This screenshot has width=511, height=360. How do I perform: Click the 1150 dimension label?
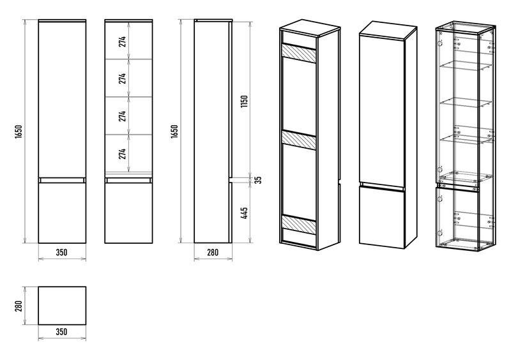point(245,101)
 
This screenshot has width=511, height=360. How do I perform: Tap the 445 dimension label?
point(245,213)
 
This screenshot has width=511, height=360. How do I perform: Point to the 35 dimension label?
point(258,180)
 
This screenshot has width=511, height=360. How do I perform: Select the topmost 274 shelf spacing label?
point(122,41)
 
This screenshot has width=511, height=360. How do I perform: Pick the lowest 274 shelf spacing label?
point(122,153)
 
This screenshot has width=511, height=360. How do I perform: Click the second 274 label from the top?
point(122,79)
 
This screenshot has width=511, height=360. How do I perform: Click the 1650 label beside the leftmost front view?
point(19,131)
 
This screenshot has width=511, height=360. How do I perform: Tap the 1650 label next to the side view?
point(174,131)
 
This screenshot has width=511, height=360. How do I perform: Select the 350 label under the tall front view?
point(61,252)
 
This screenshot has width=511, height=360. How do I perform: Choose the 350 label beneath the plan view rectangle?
point(61,332)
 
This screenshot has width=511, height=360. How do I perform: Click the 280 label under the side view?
point(213,252)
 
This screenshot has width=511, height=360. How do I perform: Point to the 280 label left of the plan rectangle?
point(19,306)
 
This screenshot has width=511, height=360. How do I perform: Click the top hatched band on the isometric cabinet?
point(299,53)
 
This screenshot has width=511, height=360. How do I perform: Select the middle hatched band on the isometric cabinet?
point(299,140)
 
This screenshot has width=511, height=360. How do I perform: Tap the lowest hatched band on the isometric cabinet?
point(299,224)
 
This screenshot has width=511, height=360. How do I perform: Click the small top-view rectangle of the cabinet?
point(62,306)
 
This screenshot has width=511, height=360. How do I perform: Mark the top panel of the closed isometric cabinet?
point(388,29)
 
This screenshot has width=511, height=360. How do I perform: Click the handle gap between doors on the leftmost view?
point(62,180)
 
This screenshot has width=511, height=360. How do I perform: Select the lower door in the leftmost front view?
point(62,213)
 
